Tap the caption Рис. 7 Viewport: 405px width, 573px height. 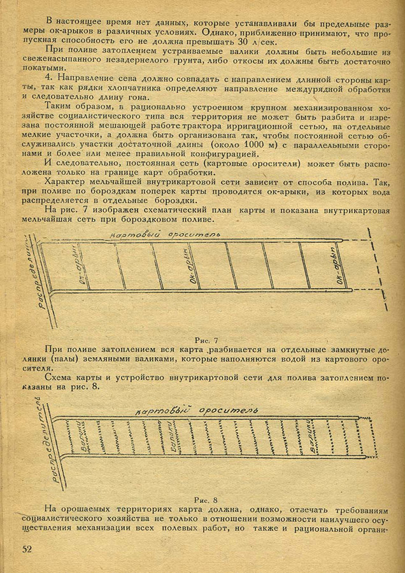point(208,339)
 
